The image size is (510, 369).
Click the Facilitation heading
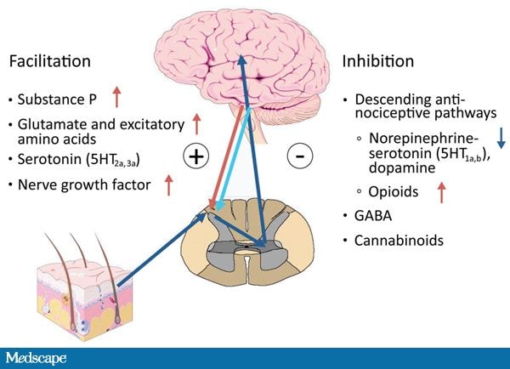50,61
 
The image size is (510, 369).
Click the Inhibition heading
378,61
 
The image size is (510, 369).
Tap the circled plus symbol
196,156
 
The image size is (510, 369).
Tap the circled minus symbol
300,156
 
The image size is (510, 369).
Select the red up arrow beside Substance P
116,97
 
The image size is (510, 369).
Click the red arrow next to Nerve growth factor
168,184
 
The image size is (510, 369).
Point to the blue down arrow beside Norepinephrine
501,139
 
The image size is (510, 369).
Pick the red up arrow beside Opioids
441,192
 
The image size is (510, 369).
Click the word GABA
373,216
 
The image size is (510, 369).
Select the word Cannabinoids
399,241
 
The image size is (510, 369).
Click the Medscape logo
36,358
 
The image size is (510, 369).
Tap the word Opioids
394,191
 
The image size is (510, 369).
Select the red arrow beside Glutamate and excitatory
196,124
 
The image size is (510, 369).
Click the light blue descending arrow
234,160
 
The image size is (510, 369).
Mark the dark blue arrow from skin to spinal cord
162,250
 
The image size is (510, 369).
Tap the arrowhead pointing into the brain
241,60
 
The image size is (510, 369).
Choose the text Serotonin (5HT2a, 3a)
79,160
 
